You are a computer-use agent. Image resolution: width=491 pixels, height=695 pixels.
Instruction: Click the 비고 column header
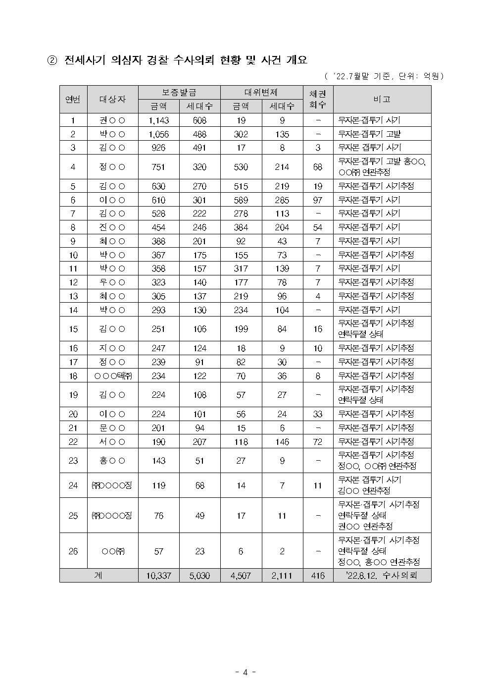(x=382, y=99)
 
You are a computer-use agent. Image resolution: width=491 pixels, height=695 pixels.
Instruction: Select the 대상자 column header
(x=112, y=99)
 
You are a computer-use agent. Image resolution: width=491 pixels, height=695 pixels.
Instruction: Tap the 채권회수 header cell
(x=318, y=99)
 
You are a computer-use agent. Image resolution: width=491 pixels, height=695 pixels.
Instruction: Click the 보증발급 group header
(x=179, y=92)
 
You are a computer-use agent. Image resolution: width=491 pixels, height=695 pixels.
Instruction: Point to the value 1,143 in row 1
(x=158, y=120)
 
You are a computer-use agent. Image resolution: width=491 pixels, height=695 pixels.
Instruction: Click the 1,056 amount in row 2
(x=158, y=134)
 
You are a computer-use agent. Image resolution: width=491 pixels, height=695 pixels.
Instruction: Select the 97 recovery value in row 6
(x=318, y=200)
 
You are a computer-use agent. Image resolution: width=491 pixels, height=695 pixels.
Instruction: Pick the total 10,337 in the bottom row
(x=158, y=576)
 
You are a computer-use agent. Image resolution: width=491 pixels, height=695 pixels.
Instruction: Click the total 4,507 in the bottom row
(x=241, y=576)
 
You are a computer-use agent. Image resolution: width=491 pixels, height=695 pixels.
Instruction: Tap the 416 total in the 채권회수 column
(x=318, y=576)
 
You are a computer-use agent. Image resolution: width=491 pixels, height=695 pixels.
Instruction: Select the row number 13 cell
(x=73, y=296)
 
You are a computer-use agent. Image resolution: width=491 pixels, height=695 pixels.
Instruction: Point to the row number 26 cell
(x=73, y=551)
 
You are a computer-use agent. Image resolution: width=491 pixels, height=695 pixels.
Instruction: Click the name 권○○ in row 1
(x=112, y=120)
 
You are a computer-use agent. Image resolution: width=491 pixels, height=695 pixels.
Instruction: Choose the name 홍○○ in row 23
(x=112, y=461)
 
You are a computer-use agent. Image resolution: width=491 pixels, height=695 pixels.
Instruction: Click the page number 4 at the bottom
(x=245, y=672)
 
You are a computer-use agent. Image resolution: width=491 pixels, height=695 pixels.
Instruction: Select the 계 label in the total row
(x=98, y=576)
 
